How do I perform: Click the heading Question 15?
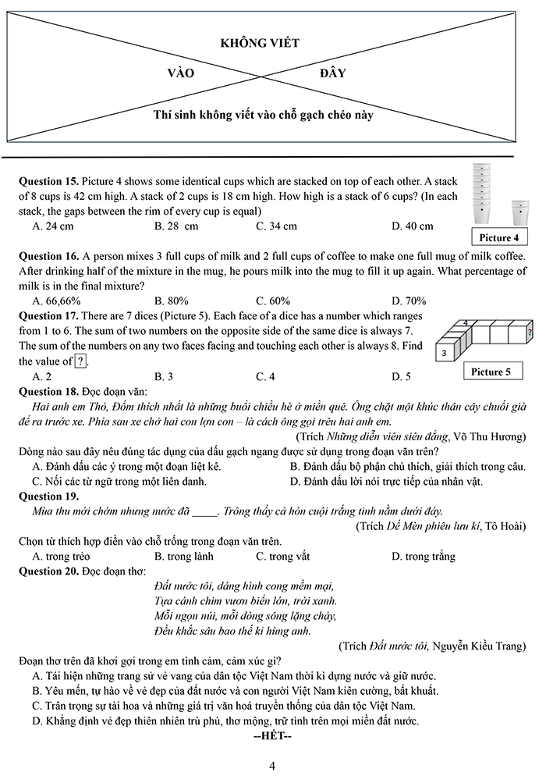[48, 181]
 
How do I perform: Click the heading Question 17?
[48, 316]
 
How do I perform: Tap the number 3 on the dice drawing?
[444, 353]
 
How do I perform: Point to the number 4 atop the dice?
[466, 322]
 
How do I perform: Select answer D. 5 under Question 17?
[401, 376]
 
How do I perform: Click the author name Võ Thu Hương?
[491, 436]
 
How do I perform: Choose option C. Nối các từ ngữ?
[119, 482]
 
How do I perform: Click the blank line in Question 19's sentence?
[204, 512]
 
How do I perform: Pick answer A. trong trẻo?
[61, 557]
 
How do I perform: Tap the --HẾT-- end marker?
[272, 736]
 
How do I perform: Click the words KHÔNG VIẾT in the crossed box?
[260, 44]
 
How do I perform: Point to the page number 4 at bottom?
[272, 765]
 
